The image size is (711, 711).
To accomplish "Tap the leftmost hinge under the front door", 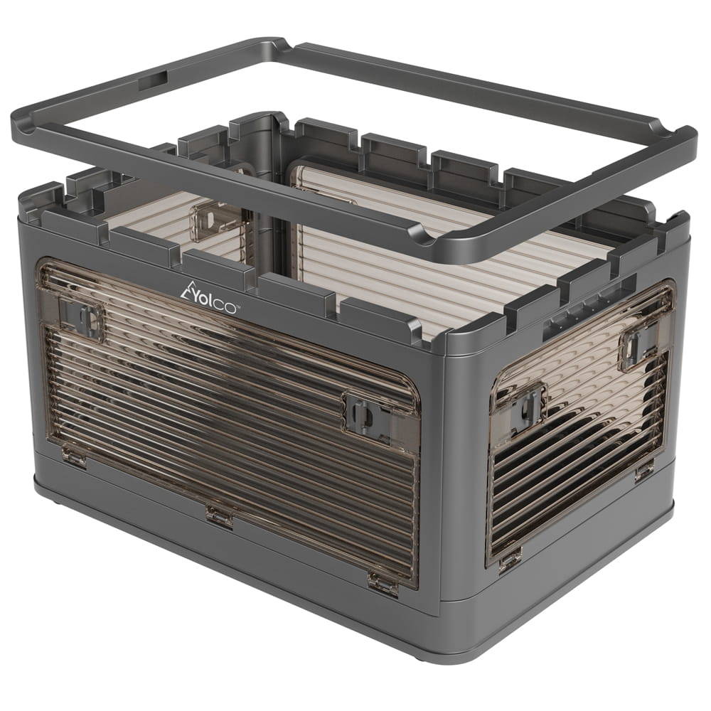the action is point(73,456).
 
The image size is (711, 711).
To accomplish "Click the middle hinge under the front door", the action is point(220,516).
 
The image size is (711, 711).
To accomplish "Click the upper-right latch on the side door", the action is point(638,341).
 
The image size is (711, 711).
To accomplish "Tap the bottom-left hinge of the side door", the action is point(510,557).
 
